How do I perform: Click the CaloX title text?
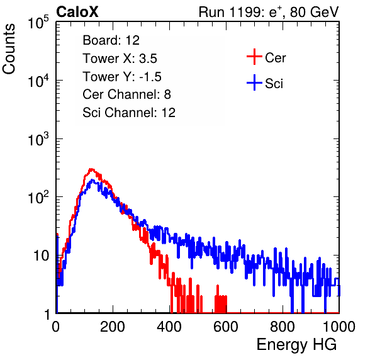[77, 12]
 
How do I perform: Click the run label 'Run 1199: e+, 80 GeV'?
[269, 12]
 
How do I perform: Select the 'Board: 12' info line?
[111, 40]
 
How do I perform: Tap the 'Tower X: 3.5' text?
[120, 59]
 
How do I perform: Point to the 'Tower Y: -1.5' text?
[122, 77]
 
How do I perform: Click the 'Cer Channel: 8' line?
[126, 94]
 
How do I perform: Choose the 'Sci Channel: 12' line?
[129, 113]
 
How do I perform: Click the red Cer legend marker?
[254, 57]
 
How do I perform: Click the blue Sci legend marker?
[254, 83]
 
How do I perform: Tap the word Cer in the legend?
[275, 58]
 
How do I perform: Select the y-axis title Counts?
[9, 49]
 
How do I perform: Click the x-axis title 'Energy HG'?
[296, 345]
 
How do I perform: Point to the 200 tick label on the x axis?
[113, 327]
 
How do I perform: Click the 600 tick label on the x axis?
[226, 327]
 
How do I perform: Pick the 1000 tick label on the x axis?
[339, 327]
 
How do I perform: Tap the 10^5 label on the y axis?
[38, 23]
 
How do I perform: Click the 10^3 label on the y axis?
[38, 139]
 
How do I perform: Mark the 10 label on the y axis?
[42, 256]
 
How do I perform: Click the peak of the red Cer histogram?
[91, 169]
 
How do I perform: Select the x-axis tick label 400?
[169, 327]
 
